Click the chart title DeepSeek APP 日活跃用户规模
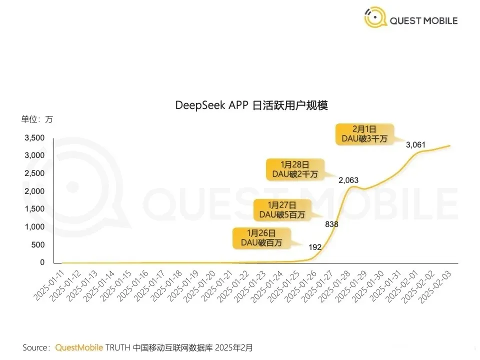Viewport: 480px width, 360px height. point(251,105)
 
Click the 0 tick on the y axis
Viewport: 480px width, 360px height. point(42,262)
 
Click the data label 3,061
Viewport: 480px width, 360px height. point(415,145)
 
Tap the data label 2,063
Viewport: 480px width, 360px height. point(348,180)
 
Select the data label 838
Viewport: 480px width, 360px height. point(332,224)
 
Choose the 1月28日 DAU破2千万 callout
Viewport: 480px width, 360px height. point(295,168)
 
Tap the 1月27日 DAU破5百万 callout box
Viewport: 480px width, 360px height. point(281,209)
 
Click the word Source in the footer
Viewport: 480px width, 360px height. point(36,347)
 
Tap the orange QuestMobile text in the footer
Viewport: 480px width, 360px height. point(79,347)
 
